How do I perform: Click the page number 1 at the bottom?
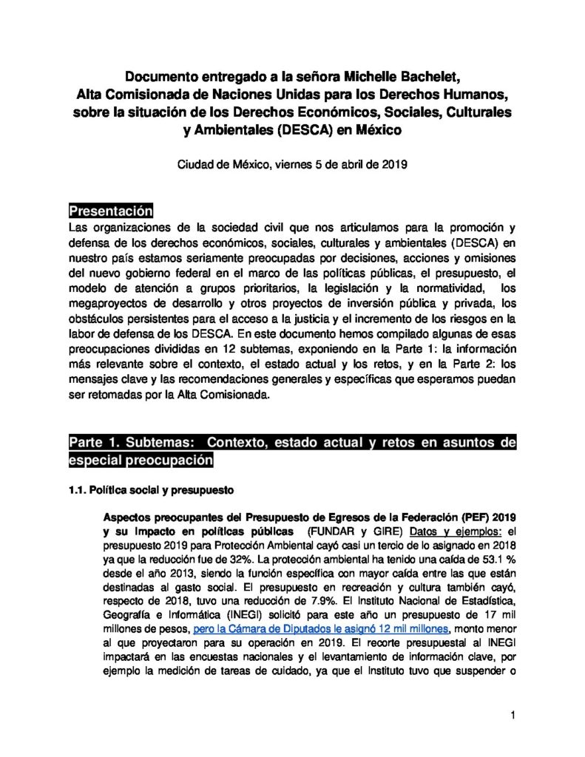click(512, 714)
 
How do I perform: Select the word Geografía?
click(129, 615)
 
